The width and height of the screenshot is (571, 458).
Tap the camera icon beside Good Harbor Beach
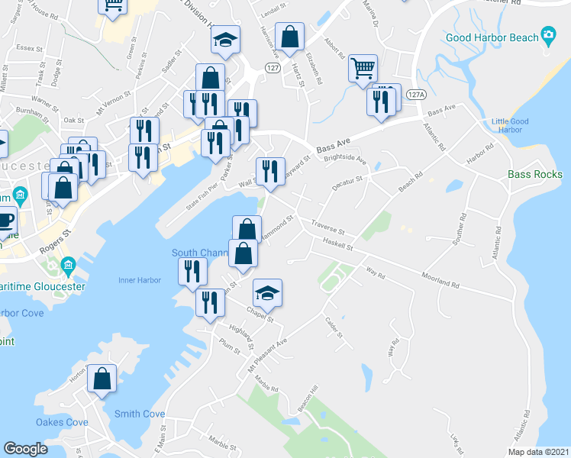tap(547, 35)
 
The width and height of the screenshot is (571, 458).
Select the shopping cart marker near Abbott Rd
tap(363, 69)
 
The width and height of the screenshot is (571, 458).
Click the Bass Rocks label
tap(535, 175)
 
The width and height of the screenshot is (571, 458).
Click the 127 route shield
tap(272, 67)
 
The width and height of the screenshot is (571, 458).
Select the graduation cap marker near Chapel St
tap(267, 294)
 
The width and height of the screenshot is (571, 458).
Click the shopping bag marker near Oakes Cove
tap(102, 379)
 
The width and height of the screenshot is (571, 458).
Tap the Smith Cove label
tap(140, 414)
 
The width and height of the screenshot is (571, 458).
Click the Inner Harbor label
tap(140, 280)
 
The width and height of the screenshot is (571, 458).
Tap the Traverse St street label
tap(328, 227)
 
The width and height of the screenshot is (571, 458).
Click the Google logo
tap(25, 449)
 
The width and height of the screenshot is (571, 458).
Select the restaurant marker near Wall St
tap(269, 172)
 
